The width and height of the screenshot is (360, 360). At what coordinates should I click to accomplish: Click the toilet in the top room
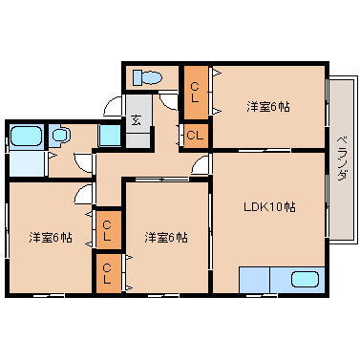click(x=148, y=76)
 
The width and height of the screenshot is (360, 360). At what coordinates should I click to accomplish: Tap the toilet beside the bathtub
click(x=60, y=137)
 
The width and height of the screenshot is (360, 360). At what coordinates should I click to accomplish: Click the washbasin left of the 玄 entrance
click(x=110, y=135)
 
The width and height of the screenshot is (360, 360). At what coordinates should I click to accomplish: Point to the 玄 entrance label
click(x=137, y=119)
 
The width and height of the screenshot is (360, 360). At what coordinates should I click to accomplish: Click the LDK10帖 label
click(x=270, y=206)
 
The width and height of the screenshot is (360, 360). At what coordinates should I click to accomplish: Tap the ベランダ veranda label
click(x=341, y=160)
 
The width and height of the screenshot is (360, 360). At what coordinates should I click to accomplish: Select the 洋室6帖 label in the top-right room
click(x=268, y=105)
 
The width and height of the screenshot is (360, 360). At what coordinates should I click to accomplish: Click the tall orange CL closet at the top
click(x=195, y=92)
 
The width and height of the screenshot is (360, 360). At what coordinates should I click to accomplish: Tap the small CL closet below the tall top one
click(x=195, y=136)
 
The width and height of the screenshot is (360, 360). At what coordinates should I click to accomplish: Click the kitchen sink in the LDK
click(x=304, y=280)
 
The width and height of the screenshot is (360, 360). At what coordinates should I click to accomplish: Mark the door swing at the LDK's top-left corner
click(x=201, y=166)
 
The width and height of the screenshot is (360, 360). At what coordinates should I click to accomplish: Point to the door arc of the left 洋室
click(x=84, y=199)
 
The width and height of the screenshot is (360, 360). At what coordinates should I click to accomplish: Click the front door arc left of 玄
click(x=113, y=107)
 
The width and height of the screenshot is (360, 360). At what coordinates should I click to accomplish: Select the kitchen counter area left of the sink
click(x=255, y=280)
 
